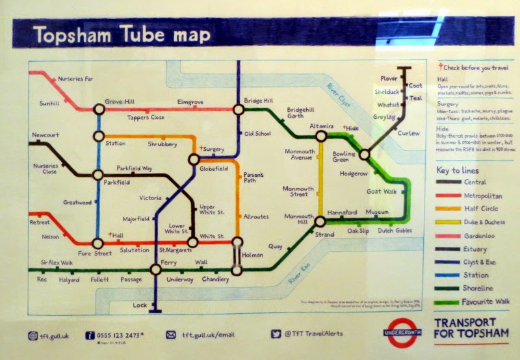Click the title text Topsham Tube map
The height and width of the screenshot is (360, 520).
[114, 35]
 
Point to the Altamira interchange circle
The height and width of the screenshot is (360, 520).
[321, 136]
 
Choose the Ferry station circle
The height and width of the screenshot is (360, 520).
[155, 270]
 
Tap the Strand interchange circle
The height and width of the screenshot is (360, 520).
[320, 221]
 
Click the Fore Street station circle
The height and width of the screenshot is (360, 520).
[98, 244]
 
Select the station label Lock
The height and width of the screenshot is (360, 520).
[140, 304]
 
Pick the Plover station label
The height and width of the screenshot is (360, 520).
[389, 79]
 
